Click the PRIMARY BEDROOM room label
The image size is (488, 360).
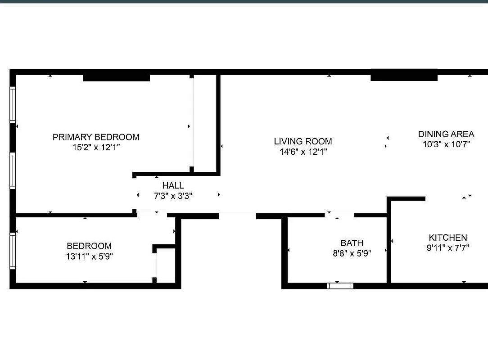(96, 137)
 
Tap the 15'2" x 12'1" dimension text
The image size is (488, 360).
(96, 147)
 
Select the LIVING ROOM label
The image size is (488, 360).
(303, 141)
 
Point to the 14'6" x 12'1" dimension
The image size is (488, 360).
(303, 152)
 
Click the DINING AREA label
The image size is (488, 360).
(446, 134)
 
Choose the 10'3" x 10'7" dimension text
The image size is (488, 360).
(446, 144)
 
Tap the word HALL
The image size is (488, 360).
(173, 185)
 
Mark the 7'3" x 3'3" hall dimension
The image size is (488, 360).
(173, 196)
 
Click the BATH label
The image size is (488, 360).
(352, 243)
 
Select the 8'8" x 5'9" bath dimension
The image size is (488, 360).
(352, 253)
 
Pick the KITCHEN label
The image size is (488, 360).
(447, 238)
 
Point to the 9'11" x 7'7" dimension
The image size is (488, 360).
(447, 247)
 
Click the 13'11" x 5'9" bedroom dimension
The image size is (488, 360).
(89, 256)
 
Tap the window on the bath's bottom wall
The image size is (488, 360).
(340, 285)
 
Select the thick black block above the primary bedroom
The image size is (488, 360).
(116, 77)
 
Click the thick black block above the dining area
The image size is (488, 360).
(404, 76)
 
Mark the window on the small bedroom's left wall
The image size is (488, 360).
(13, 250)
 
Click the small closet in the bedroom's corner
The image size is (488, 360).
(166, 266)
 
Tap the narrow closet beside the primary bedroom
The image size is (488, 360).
(205, 122)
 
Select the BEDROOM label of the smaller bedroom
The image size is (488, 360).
(89, 246)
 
